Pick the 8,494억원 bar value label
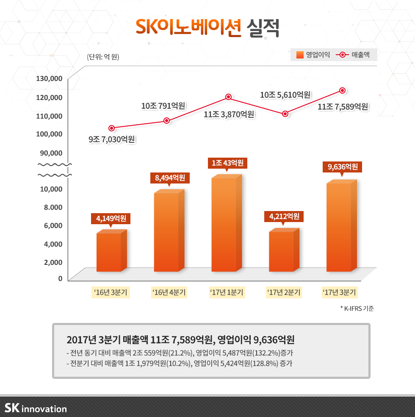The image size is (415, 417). click(x=170, y=178)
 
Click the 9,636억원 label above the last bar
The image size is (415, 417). click(x=343, y=167)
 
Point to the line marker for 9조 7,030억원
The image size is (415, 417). click(x=112, y=128)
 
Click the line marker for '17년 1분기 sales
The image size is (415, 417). click(x=228, y=97)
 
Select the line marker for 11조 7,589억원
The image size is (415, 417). click(x=343, y=90)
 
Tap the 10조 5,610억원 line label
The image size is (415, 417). click(x=285, y=95)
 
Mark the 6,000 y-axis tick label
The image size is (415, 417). click(x=54, y=225)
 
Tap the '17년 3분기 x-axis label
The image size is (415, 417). click(x=339, y=292)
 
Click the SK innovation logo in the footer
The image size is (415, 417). click(x=36, y=408)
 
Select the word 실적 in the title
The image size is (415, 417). click(x=262, y=29)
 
